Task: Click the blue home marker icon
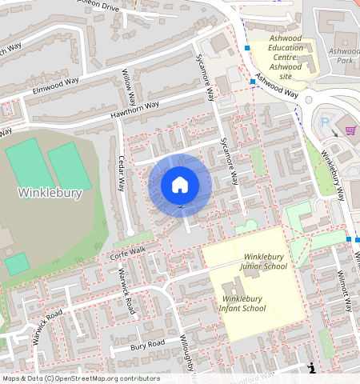[x=180, y=185]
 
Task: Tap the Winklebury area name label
[x=50, y=194]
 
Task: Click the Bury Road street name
[x=146, y=344]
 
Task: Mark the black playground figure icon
[x=312, y=368]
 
